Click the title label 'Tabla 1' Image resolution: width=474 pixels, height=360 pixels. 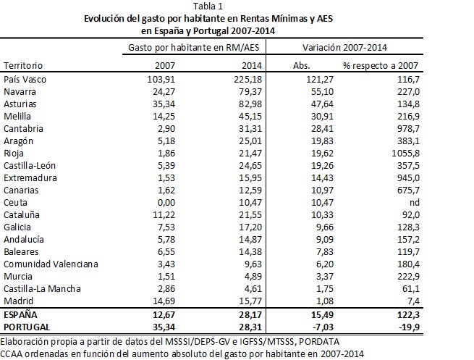(237, 7)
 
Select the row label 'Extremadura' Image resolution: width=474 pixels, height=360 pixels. (28, 177)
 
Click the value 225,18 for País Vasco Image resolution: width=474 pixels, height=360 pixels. (247, 78)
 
